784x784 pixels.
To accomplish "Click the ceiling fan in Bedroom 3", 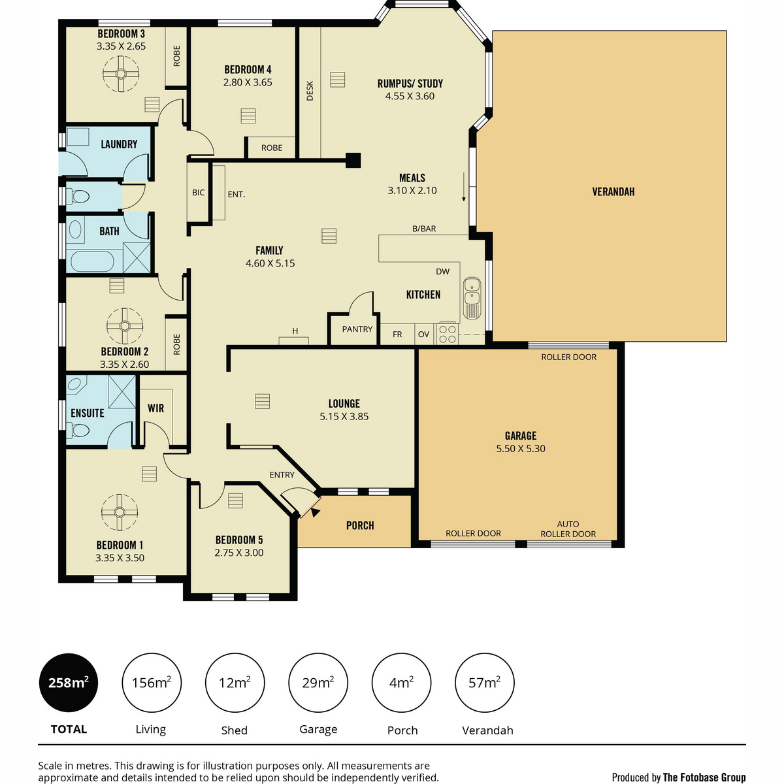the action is (x=121, y=74).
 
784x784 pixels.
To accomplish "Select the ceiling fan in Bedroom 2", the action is (x=125, y=325).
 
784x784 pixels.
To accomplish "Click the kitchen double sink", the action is (x=472, y=298).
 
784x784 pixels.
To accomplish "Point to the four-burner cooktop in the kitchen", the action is (x=447, y=333).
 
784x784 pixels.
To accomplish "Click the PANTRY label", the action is (x=357, y=329).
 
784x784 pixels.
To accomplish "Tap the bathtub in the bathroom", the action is (x=93, y=261).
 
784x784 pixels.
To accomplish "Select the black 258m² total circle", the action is (x=69, y=683).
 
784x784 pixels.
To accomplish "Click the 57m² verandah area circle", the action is (x=484, y=683).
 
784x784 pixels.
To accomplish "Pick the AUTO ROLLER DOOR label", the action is (x=568, y=529).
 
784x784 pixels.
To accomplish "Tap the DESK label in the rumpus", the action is (x=310, y=91).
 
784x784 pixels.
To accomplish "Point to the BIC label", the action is (x=198, y=193).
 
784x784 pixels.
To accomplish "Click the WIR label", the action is (x=156, y=408).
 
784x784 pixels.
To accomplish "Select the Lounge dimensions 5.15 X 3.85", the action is (x=344, y=416).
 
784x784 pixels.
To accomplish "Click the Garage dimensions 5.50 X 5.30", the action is (x=521, y=448).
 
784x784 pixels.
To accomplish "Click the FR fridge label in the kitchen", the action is (x=397, y=334).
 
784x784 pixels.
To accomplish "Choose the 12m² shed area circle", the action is (x=235, y=683).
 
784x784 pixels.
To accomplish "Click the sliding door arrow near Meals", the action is (x=463, y=187).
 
